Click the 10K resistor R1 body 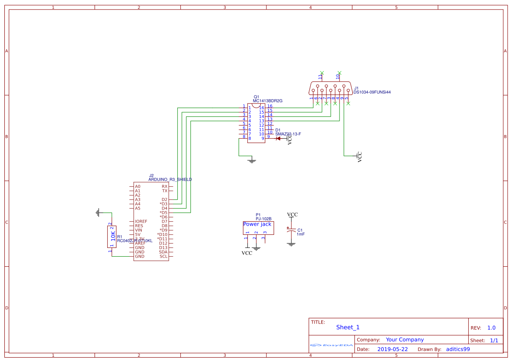(x=112, y=237)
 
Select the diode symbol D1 (x=278, y=138)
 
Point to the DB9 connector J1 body (x=330, y=88)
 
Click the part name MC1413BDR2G (x=267, y=101)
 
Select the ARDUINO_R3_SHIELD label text (x=170, y=180)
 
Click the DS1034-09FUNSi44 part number (x=372, y=92)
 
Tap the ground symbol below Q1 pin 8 (x=252, y=160)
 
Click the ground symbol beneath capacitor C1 (x=291, y=244)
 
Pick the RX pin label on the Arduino (x=165, y=186)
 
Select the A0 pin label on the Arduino (x=137, y=186)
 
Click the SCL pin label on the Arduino (x=163, y=256)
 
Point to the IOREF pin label (x=141, y=221)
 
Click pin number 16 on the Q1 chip (x=270, y=106)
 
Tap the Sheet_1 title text (x=348, y=327)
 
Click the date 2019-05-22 (x=392, y=349)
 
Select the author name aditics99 (x=458, y=349)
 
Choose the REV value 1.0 (x=491, y=327)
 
